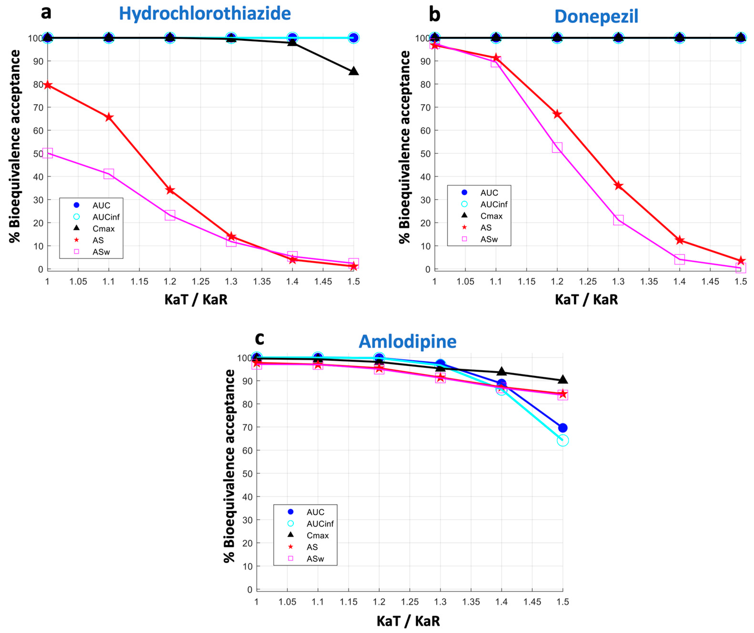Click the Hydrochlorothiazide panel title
tap(205, 14)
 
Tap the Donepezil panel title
tap(596, 16)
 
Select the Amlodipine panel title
tap(408, 341)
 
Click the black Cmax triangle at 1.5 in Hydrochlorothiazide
tap(354, 71)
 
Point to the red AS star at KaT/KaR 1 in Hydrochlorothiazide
tap(48, 85)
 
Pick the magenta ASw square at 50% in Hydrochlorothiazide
tap(48, 154)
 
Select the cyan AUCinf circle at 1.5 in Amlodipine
tap(563, 440)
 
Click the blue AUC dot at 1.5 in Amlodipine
tap(563, 428)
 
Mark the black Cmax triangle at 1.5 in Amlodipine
tap(563, 380)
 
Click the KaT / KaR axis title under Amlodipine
tap(408, 621)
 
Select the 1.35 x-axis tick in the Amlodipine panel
tap(471, 602)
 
